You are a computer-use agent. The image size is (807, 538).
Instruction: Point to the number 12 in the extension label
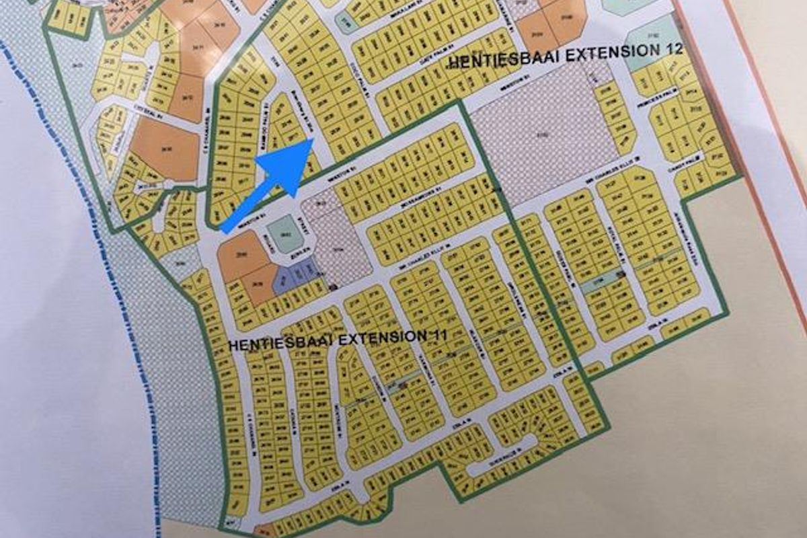(x=672, y=49)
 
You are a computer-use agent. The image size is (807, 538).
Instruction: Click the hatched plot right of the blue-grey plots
(x=340, y=242)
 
